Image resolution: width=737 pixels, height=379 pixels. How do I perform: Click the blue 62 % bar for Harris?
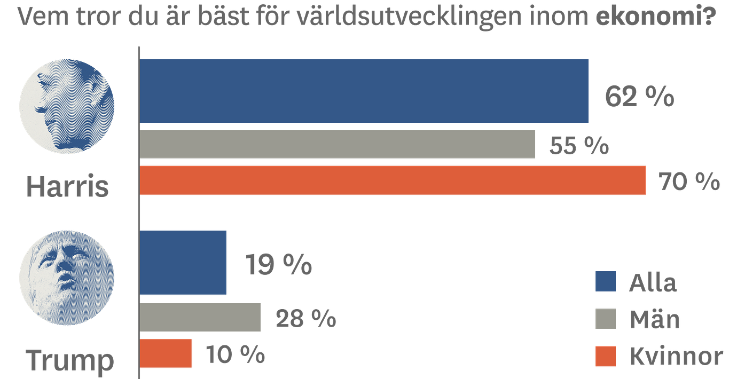coord(364,91)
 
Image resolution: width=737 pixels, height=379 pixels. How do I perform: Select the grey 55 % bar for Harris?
coord(338,144)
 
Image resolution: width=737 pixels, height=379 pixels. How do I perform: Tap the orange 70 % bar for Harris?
coord(394,180)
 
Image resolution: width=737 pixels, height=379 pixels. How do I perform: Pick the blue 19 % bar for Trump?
coord(184,262)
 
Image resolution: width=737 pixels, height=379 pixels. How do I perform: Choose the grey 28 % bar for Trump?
coord(201,318)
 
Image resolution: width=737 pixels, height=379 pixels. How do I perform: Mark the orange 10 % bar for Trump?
coord(166,353)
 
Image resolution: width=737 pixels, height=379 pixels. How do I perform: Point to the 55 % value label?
coord(579,145)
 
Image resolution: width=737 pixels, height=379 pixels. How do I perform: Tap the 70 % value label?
coord(689,182)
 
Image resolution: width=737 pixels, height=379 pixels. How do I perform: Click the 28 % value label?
coord(305,319)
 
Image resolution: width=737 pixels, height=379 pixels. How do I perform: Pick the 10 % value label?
coord(235,354)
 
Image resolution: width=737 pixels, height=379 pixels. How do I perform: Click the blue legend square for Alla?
coord(605,282)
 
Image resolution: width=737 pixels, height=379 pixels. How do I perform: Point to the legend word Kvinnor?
coord(676,356)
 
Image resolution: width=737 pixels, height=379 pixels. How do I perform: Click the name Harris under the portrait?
coord(68,187)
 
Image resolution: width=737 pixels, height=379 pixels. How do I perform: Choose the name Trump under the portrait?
coord(70,360)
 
